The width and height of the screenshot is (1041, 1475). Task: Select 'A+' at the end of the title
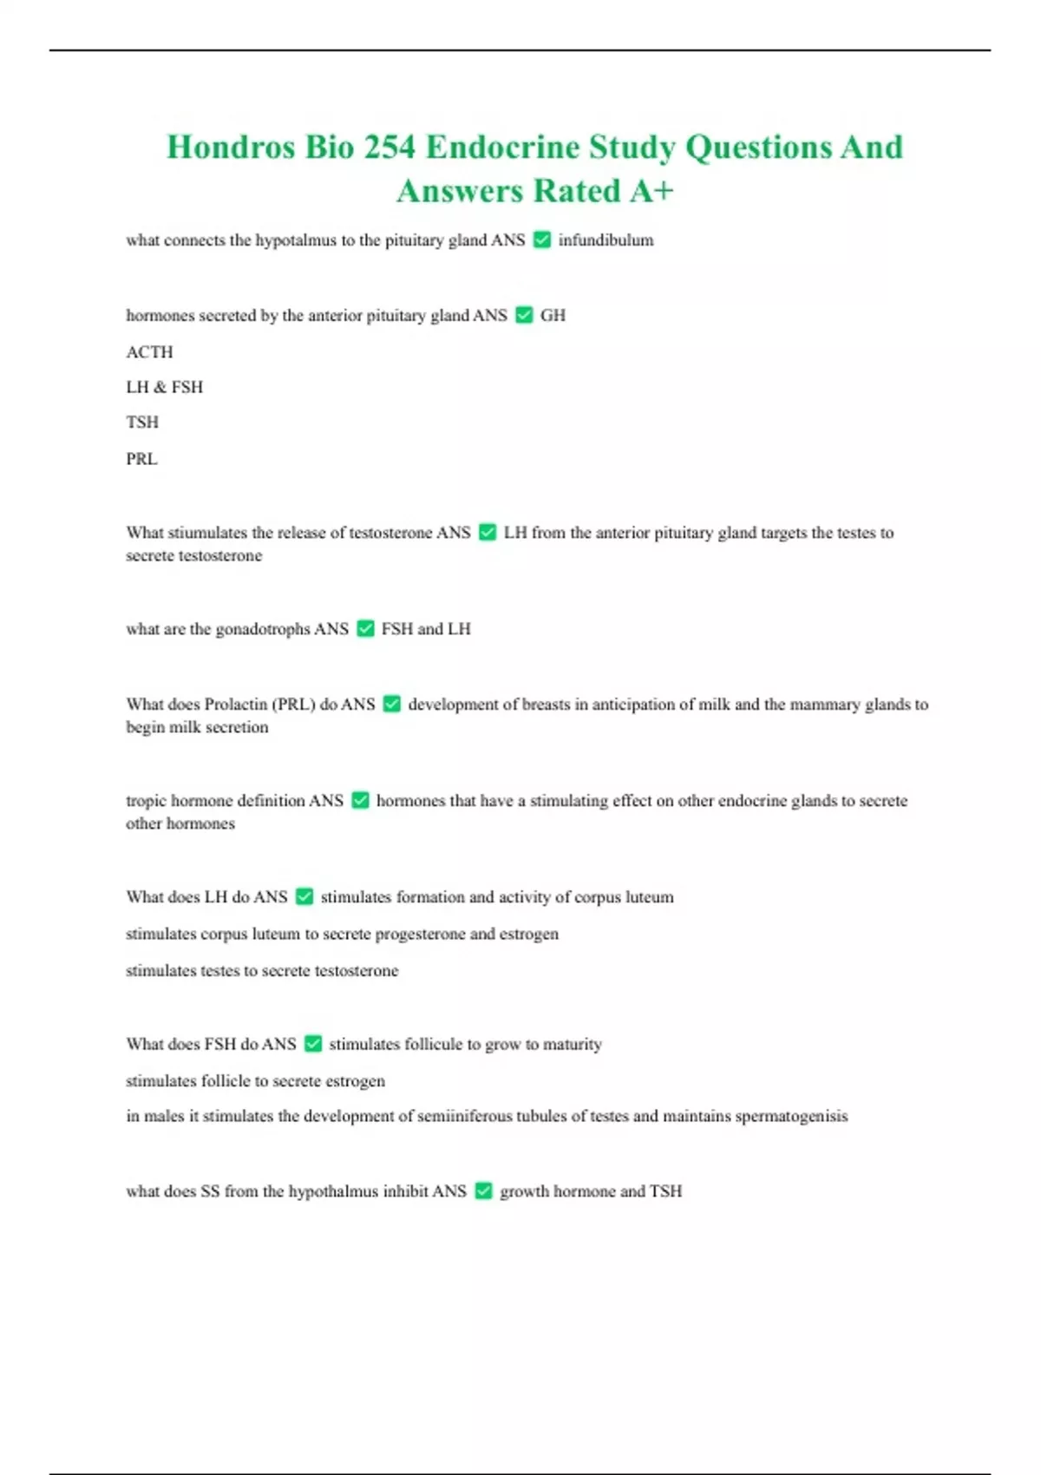point(651,191)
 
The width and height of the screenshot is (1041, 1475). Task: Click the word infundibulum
point(606,240)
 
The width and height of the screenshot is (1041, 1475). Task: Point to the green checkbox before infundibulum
point(542,239)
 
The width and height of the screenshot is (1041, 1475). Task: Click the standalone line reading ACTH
point(149,352)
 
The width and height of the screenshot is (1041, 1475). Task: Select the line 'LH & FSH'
point(164,387)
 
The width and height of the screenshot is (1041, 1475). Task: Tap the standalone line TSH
point(142,423)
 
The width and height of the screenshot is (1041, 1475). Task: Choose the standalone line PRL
point(141,459)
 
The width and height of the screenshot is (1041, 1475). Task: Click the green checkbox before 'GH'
point(524,315)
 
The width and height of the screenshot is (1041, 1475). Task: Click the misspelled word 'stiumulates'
point(207,533)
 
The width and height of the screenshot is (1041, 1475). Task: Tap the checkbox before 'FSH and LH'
point(365,628)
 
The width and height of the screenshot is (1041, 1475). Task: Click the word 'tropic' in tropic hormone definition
point(146,801)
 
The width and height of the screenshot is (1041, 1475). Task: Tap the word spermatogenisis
point(791,1117)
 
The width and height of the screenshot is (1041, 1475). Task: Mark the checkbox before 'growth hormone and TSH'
point(484,1191)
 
